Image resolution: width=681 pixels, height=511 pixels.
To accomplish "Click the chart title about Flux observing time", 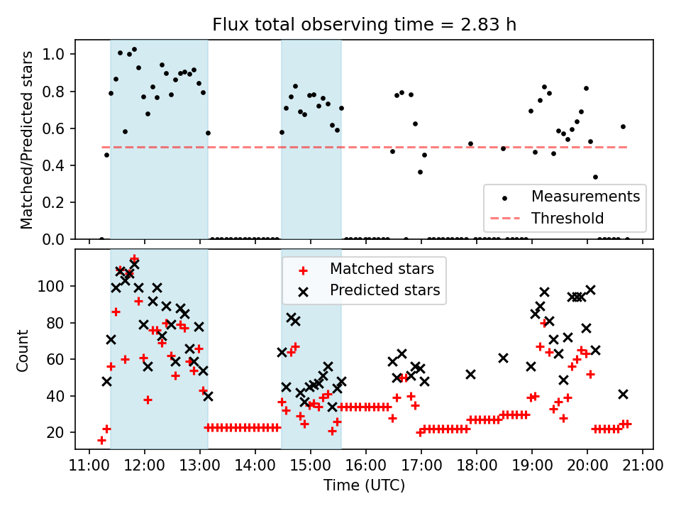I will pyautogui.click(x=364, y=24).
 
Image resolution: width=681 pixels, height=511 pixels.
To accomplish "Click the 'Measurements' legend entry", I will pyautogui.click(x=585, y=196).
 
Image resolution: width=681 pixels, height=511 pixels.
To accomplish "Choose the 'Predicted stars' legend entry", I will pyautogui.click(x=384, y=290).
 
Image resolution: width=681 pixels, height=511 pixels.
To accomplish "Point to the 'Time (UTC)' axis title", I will pyautogui.click(x=364, y=486).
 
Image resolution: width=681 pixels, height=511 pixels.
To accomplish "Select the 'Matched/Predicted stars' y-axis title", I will pyautogui.click(x=27, y=140).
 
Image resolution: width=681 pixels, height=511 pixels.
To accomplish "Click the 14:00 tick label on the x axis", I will pyautogui.click(x=255, y=466).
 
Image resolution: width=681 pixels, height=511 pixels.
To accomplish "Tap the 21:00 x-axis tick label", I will pyautogui.click(x=643, y=466).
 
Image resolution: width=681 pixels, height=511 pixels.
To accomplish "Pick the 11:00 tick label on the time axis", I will pyautogui.click(x=89, y=466).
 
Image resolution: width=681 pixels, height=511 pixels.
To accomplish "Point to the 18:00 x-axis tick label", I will pyautogui.click(x=477, y=466).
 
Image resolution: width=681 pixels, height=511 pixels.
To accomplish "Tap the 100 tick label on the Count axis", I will pyautogui.click(x=56, y=286).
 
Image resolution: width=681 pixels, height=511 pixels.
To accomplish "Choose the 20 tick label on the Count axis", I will pyautogui.click(x=60, y=432).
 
